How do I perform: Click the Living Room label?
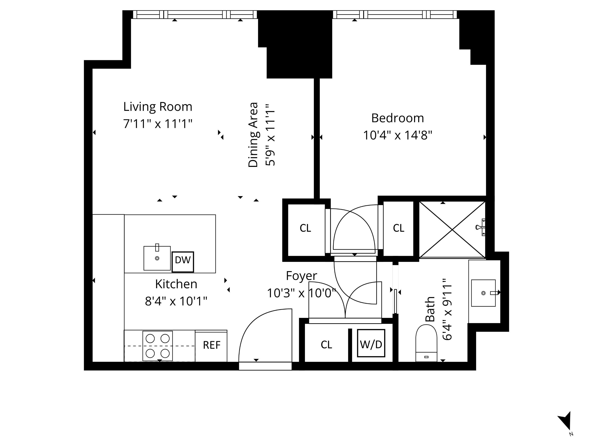pyautogui.click(x=158, y=107)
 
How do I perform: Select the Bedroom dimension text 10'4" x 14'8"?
pyautogui.click(x=397, y=135)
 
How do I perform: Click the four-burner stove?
pyautogui.click(x=158, y=346)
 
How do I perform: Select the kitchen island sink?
pyautogui.click(x=157, y=258)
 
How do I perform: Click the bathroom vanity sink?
pyautogui.click(x=483, y=293)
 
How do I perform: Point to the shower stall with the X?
pyautogui.click(x=452, y=230)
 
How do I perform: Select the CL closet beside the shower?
pyautogui.click(x=398, y=228)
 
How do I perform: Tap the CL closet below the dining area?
pyautogui.click(x=305, y=228)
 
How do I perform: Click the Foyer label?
pyautogui.click(x=301, y=276)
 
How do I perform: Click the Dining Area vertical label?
pyautogui.click(x=253, y=135)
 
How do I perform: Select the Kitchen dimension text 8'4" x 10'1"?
pyautogui.click(x=176, y=301)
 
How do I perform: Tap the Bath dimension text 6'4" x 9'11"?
pyautogui.click(x=447, y=309)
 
